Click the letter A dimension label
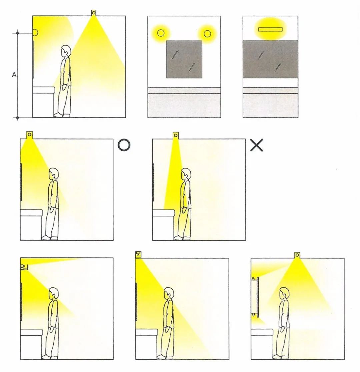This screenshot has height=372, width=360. tap(14, 75)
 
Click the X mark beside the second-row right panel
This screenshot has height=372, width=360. tap(257, 145)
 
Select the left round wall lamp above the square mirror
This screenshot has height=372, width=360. tap(161, 33)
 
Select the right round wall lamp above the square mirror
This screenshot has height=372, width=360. tap(207, 34)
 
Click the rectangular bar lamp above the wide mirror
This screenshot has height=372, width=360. tap(270, 29)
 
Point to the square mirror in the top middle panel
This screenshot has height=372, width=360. tap(184, 59)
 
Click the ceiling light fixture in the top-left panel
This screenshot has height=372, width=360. tap(94, 13)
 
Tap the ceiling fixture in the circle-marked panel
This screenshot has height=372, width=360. tap(29, 135)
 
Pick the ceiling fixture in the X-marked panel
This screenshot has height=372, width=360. tap(175, 136)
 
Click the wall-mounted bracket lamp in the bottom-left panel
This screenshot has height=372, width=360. tap(24, 267)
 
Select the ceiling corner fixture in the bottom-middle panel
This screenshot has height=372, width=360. tap(138, 254)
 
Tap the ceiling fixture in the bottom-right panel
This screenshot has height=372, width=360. tap(297, 255)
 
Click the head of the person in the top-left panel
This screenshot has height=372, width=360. tap(66, 51)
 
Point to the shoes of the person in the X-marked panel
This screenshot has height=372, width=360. tap(182, 238)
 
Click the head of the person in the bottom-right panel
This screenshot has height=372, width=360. tap(284, 294)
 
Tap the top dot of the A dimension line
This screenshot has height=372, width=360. tap(17, 33)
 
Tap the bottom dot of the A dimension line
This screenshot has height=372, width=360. tap(17, 118)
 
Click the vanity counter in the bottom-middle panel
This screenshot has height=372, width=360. tap(147, 344)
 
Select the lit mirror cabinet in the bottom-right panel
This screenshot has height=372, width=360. tap(255, 296)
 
